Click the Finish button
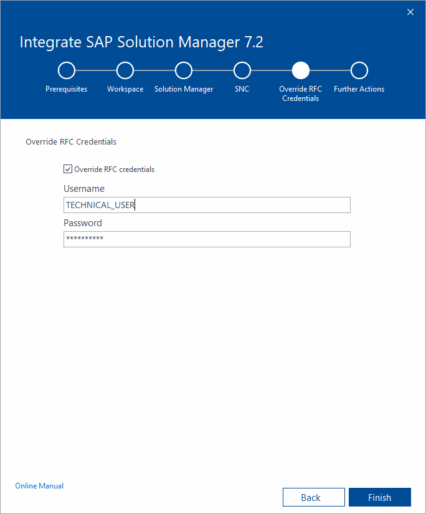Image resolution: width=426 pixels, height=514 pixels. (379, 497)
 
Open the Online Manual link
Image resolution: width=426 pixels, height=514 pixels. (39, 486)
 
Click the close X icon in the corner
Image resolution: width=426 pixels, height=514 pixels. (410, 12)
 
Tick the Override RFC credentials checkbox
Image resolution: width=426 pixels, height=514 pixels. (68, 169)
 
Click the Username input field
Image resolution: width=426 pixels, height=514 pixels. (207, 205)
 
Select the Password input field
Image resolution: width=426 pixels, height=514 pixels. (207, 239)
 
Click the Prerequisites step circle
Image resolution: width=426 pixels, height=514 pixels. (67, 70)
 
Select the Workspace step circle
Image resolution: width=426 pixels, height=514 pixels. (125, 70)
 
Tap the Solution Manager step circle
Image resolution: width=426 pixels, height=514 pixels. (184, 70)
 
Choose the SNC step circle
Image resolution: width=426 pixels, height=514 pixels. (242, 70)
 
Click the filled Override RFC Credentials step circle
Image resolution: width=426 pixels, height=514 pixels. (301, 70)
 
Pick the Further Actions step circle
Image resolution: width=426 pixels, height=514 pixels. (359, 70)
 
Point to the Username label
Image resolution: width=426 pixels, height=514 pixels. (84, 189)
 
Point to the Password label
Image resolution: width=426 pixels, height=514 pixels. (83, 223)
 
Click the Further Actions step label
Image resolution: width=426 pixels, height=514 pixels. (359, 89)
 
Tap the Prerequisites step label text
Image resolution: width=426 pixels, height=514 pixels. (67, 89)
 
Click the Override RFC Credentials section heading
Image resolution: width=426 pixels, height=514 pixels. (71, 142)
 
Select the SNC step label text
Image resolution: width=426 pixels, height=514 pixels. (242, 89)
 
